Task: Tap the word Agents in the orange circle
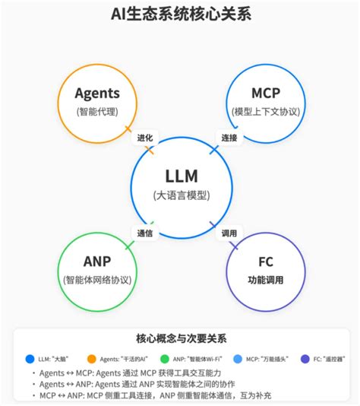tap(96, 94)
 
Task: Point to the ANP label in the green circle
tap(97, 262)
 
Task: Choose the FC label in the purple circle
tap(265, 262)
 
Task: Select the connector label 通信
tap(144, 233)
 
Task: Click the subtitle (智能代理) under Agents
tap(96, 112)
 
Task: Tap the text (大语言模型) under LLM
tap(181, 195)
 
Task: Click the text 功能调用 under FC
tap(265, 280)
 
